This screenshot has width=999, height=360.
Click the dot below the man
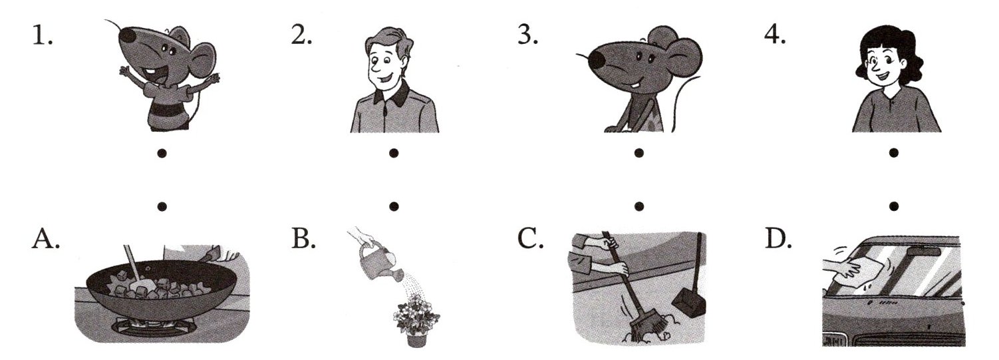point(393,153)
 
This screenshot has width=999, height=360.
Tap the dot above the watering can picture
point(393,206)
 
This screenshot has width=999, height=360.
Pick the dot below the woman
point(893,153)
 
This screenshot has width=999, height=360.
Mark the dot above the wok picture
point(162,206)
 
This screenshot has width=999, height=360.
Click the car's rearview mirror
point(924,252)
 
